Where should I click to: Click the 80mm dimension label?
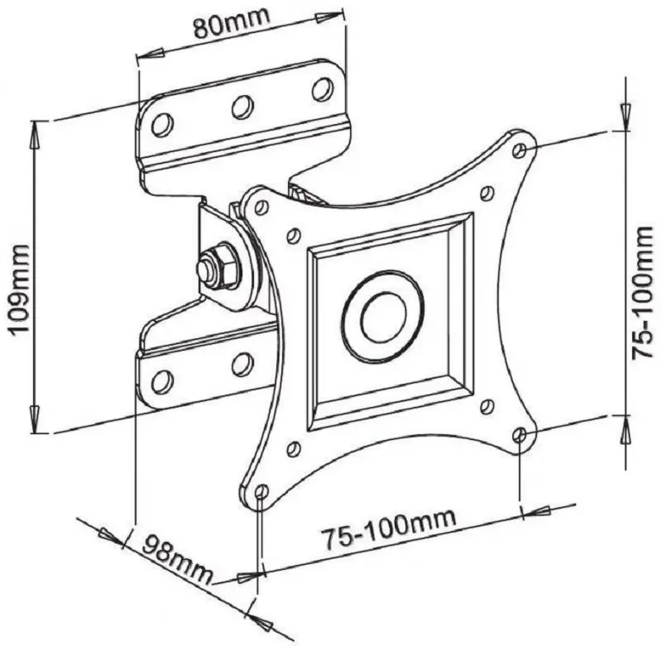coord(232,23)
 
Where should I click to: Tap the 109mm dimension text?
coord(20,289)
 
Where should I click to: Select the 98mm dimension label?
coord(178,559)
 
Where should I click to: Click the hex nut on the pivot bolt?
coord(220,266)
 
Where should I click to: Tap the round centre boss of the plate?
coord(384,317)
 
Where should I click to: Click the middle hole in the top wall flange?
coord(242,108)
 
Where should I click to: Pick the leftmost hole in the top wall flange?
coord(162,124)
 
